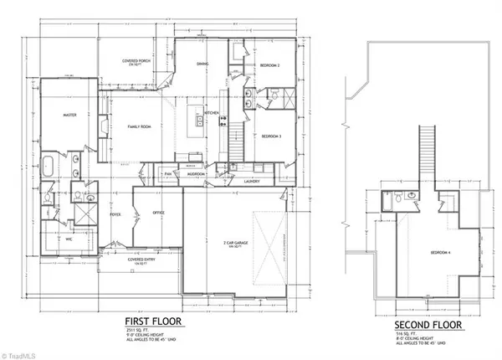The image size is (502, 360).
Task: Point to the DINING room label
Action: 202,64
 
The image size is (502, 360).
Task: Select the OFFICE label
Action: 156,213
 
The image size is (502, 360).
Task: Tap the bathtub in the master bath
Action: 47,165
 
